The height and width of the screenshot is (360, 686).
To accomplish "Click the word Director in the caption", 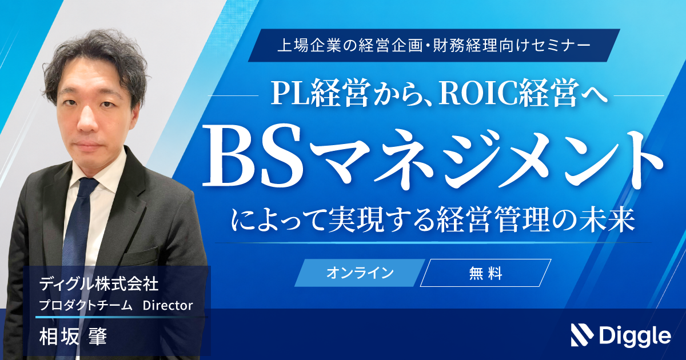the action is [168, 305].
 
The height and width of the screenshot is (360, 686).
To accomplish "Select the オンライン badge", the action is [360, 273].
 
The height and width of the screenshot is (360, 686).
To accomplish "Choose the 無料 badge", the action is [485, 273].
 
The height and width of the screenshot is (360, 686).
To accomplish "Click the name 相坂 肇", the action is [73, 337].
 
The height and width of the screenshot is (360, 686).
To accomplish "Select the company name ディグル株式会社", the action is [98, 284].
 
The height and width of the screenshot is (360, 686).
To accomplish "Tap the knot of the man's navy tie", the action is [87, 187].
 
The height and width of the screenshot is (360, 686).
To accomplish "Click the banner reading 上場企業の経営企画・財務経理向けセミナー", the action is [434, 46].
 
